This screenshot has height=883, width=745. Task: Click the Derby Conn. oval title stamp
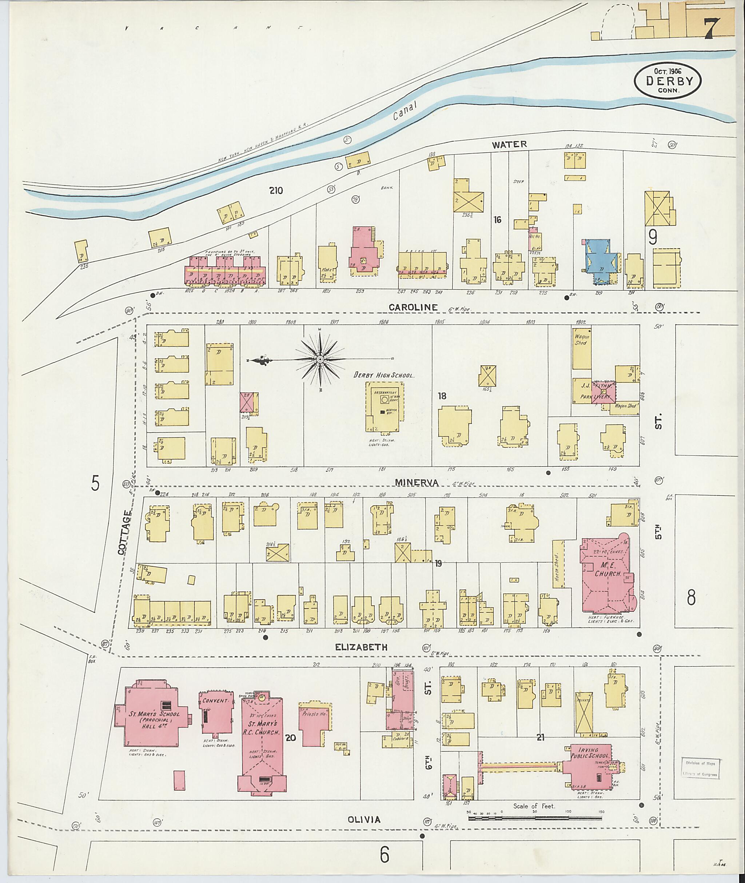667,81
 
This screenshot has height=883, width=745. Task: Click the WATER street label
509,144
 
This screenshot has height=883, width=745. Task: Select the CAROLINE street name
413,307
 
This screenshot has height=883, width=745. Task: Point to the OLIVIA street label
364,819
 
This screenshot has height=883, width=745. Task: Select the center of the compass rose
320,359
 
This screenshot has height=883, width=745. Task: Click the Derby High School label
385,375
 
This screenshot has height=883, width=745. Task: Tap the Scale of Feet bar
535,818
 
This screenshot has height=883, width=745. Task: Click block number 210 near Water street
276,190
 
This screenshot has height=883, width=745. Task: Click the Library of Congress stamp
701,768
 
